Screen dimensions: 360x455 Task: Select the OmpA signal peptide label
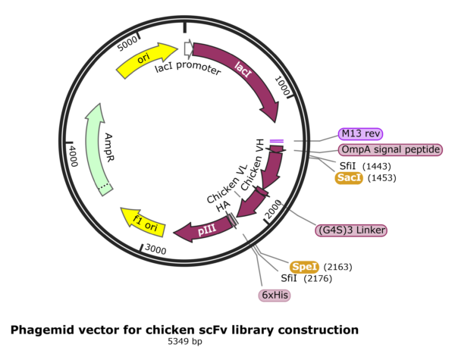click(390, 149)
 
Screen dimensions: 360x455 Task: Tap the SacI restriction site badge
click(350, 177)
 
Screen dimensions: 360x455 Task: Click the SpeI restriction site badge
click(304, 267)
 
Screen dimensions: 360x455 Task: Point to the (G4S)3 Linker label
click(352, 230)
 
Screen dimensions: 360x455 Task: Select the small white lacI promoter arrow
click(187, 49)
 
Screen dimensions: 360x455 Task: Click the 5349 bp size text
click(184, 343)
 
